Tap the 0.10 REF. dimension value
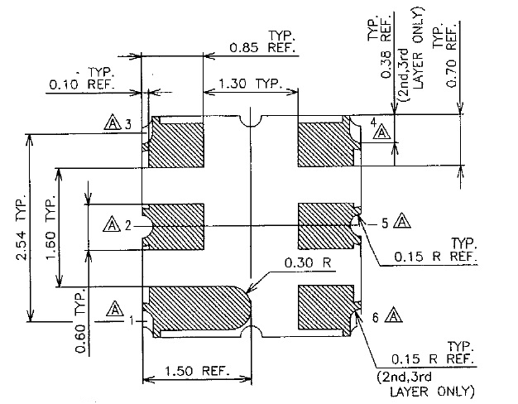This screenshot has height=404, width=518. (x=82, y=84)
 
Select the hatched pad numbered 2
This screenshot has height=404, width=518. (x=175, y=227)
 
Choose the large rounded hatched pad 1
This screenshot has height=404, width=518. (x=197, y=307)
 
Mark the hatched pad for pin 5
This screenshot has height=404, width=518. (x=324, y=225)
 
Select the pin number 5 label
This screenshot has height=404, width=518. (x=384, y=223)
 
